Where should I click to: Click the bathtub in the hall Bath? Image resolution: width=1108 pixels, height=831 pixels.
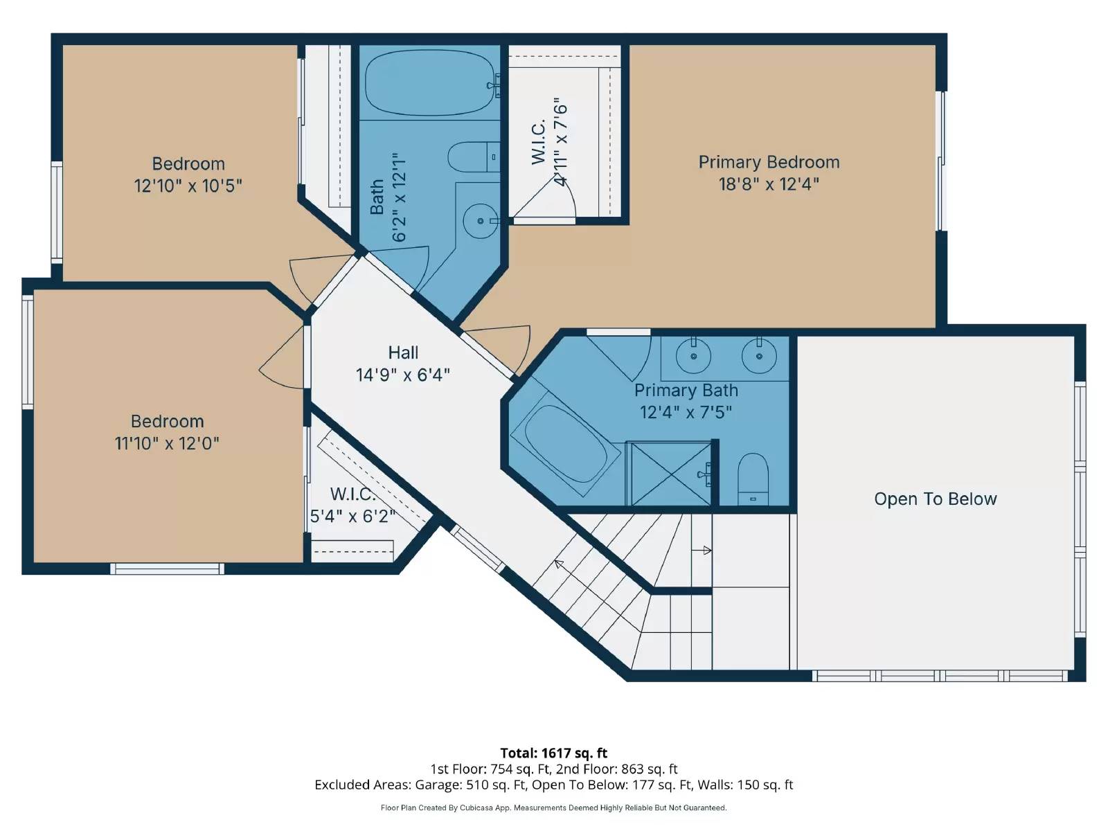(x=429, y=82)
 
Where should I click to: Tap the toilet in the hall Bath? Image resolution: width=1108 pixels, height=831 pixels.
(x=474, y=157)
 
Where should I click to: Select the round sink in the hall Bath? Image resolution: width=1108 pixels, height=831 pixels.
(x=480, y=220)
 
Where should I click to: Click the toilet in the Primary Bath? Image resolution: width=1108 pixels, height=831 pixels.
(x=753, y=479)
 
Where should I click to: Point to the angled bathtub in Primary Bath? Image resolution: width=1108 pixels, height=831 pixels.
(x=565, y=443)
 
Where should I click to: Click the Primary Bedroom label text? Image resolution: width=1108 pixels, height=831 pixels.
(x=769, y=163)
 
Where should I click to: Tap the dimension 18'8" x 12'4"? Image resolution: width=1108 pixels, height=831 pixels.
(x=769, y=184)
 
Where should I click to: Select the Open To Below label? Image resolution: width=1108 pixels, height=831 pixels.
(x=936, y=499)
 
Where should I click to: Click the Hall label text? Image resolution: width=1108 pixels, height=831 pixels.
(x=403, y=352)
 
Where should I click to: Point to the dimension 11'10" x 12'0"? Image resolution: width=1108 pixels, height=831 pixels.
(x=167, y=443)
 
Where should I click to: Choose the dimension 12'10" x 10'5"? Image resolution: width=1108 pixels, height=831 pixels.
(x=188, y=186)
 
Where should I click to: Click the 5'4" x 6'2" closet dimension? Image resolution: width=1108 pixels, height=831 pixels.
(x=352, y=516)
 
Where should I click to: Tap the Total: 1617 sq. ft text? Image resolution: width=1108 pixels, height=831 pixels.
(x=554, y=753)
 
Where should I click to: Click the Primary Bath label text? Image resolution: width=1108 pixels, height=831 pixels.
(x=686, y=391)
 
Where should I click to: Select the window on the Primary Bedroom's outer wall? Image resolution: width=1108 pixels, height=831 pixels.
(x=941, y=161)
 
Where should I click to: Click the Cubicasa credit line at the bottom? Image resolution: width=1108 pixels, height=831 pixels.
(x=554, y=807)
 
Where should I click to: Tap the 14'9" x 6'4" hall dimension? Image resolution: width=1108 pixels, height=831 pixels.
(x=403, y=375)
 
